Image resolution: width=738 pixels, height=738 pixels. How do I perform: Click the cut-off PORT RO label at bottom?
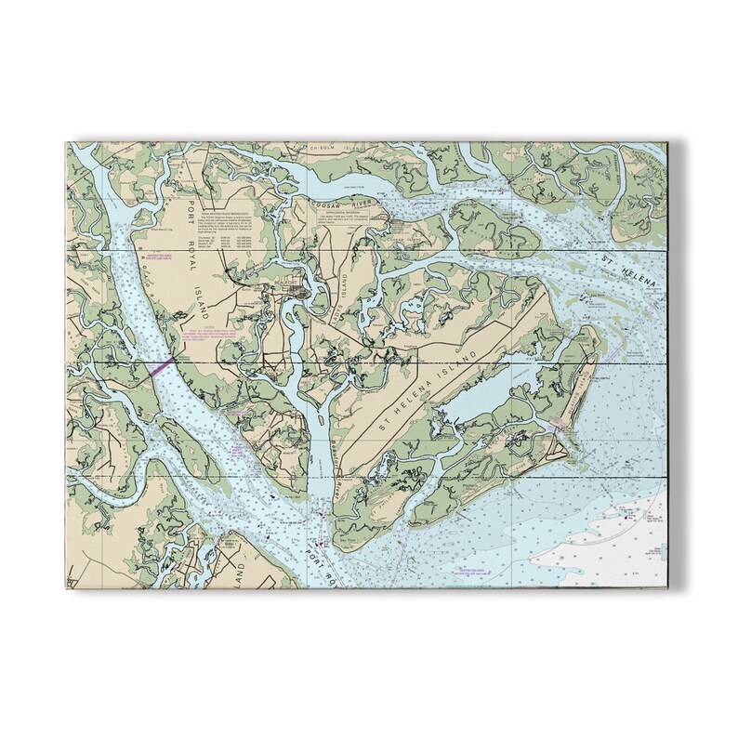pyautogui.click(x=320, y=560)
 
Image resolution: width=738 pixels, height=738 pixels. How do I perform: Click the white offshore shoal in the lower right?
pyautogui.click(x=613, y=530)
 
